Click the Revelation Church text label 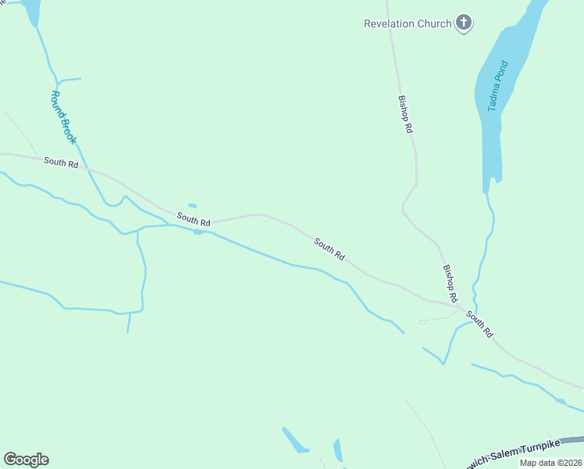tap(408, 23)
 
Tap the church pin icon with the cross tap(464, 23)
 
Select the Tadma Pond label tap(497, 86)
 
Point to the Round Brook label tap(62, 117)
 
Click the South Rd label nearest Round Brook tap(61, 163)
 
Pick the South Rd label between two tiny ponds tap(194, 220)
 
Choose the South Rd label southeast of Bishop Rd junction tap(480, 324)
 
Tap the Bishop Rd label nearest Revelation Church tap(405, 114)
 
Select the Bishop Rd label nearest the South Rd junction tap(450, 283)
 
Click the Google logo tap(26, 460)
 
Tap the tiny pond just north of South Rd tap(192, 206)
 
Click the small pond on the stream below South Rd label tap(198, 231)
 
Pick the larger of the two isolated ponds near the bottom tap(295, 440)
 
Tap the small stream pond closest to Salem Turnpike tap(561, 401)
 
